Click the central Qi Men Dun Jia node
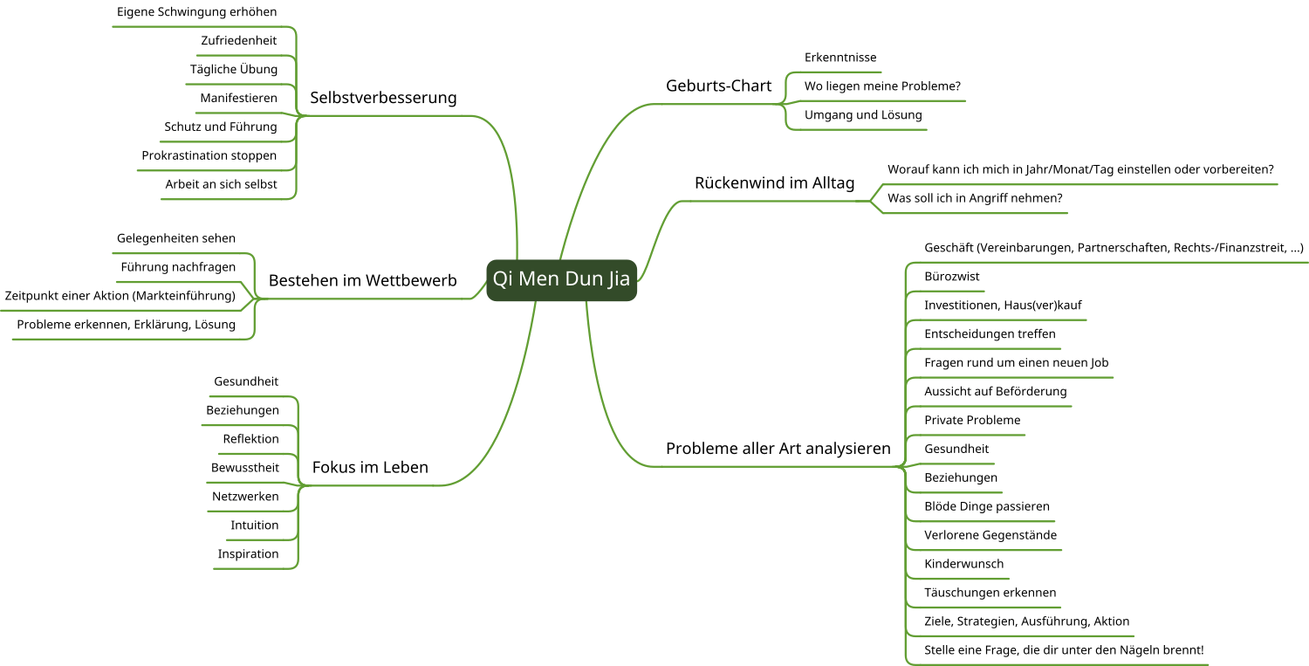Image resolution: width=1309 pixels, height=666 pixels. point(561,279)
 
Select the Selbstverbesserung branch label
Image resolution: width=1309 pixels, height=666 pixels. point(383,98)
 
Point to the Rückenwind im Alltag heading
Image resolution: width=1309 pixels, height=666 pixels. point(774,183)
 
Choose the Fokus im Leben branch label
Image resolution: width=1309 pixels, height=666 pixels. point(370,468)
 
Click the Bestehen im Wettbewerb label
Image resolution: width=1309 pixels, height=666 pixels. point(362,281)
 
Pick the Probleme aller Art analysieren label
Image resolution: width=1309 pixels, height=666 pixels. point(778,449)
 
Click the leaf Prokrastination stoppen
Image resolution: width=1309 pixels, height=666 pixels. point(209,155)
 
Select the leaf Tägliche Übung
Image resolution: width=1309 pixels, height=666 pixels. point(234,69)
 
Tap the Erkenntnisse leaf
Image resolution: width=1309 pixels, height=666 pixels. point(840,58)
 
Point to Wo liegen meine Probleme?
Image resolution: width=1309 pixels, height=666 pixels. point(881,86)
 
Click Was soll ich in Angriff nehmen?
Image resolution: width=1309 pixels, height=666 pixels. point(974,198)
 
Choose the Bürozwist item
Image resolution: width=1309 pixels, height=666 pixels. point(951,277)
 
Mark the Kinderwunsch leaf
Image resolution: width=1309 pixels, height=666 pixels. point(963,564)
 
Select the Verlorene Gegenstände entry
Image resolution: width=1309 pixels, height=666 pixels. point(990,535)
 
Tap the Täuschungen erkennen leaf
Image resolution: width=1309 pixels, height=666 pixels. point(990,593)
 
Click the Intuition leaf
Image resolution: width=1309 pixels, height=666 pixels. point(254,525)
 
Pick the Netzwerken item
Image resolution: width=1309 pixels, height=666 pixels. point(245,497)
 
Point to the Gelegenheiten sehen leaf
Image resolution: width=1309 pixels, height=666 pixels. point(175,238)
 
